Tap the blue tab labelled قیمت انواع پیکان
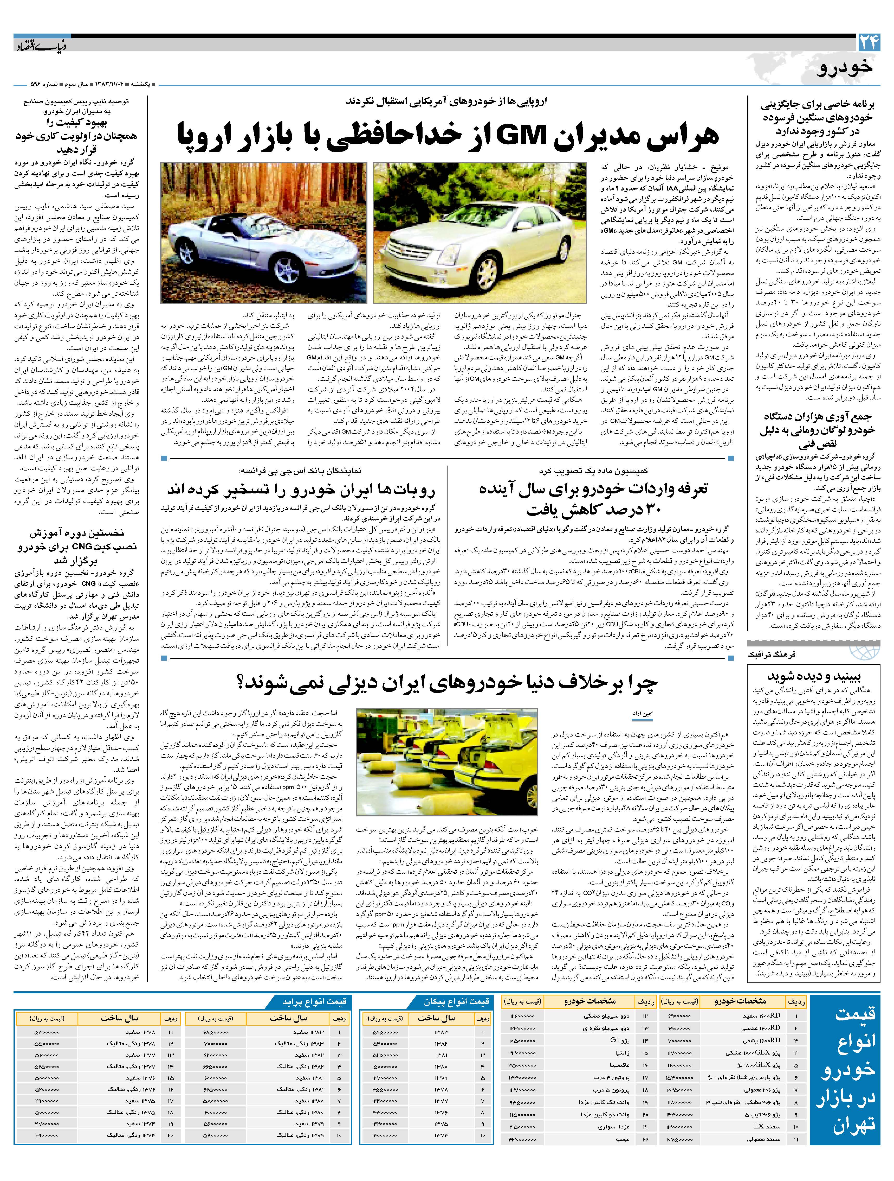tap(426, 1001)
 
